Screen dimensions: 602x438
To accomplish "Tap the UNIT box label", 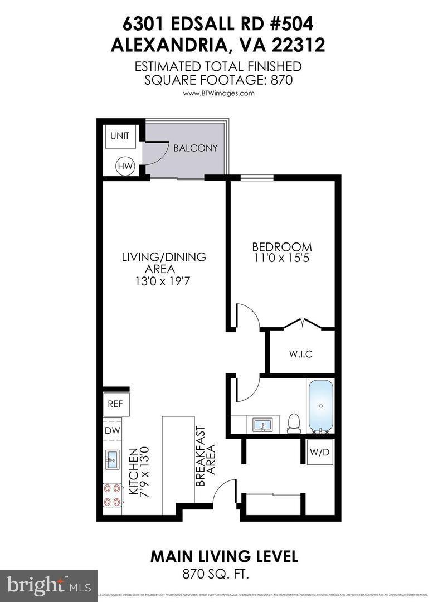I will [119, 136].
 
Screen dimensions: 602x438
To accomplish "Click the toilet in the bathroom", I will [293, 423].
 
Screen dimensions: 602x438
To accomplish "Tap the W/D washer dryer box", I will [320, 452].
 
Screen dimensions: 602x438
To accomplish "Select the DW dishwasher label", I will [111, 430].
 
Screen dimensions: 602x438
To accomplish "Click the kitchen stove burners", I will [113, 494].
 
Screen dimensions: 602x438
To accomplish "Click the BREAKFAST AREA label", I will [205, 457].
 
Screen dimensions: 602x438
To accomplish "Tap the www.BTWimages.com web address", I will [218, 93].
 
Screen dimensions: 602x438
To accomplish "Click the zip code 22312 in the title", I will [294, 45].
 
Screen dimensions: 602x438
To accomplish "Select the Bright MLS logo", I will [48, 585].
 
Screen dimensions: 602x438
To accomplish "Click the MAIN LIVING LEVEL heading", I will [224, 556].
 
